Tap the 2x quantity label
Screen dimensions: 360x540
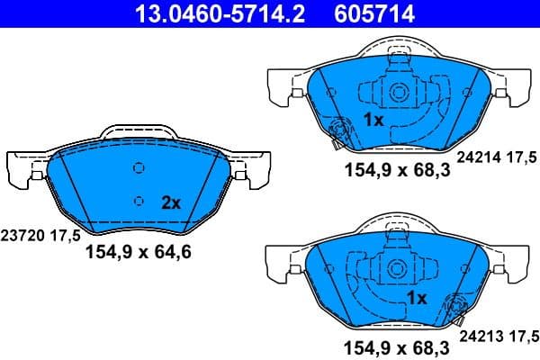tap(171, 203)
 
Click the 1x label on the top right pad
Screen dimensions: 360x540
tap(373, 120)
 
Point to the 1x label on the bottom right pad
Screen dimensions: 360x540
tap(416, 297)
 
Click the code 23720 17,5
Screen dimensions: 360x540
tap(40, 235)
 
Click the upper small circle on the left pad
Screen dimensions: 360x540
tap(138, 167)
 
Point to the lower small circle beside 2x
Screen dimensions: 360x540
tap(138, 201)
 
